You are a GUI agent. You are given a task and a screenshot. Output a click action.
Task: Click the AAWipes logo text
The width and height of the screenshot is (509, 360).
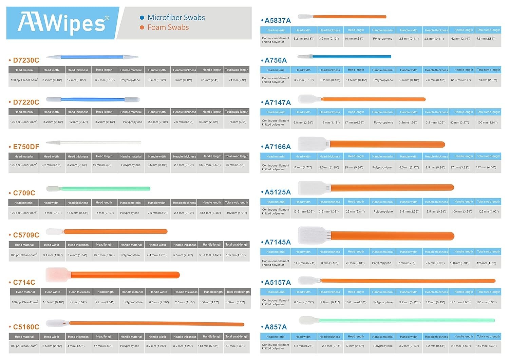click(x=63, y=23)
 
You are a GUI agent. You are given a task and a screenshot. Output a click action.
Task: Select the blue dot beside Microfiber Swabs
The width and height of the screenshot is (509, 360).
click(x=142, y=18)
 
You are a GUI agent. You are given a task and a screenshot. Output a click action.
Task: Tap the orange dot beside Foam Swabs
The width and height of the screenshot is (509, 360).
click(x=142, y=27)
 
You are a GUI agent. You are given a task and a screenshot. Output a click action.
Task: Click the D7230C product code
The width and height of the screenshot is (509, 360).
click(x=26, y=60)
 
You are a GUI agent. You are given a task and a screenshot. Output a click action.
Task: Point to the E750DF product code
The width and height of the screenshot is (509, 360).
click(x=26, y=147)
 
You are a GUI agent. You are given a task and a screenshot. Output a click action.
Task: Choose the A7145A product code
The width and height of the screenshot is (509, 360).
click(x=278, y=242)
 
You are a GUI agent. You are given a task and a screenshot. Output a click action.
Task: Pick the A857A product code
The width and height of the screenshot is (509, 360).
click(x=276, y=327)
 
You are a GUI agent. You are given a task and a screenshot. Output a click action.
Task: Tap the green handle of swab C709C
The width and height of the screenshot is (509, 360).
click(x=106, y=189)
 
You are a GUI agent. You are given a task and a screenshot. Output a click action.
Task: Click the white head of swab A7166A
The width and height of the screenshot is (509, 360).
click(x=313, y=144)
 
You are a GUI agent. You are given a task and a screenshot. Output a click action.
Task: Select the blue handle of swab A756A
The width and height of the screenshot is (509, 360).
click(x=352, y=57)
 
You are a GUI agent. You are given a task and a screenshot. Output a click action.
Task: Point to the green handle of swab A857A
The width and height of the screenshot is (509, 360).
click(x=407, y=320)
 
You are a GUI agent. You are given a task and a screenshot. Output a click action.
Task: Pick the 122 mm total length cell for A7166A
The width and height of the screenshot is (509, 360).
click(x=488, y=168)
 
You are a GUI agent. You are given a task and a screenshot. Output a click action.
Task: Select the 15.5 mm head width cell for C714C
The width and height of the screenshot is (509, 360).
click(x=54, y=302)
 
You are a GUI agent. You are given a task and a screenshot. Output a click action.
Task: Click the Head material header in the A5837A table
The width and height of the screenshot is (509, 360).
click(x=276, y=30)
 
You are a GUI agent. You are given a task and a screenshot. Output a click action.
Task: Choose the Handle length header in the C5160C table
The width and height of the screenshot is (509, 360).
click(x=212, y=337)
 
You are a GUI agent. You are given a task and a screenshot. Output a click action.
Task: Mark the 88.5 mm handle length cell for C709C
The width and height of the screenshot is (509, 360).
click(x=210, y=213)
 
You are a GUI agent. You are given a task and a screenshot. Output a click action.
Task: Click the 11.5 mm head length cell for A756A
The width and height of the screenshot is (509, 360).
click(x=356, y=80)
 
